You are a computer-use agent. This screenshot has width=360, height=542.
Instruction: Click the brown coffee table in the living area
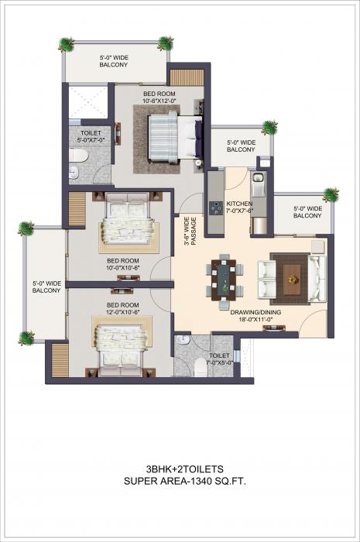pos(293,274)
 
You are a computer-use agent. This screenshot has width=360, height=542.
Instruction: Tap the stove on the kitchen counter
pos(214,205)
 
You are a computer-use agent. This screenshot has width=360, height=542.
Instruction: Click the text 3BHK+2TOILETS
pos(179,469)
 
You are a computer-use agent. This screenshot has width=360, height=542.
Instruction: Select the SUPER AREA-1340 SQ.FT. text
pos(179,481)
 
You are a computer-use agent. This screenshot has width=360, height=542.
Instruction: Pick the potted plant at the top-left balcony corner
pos(68,43)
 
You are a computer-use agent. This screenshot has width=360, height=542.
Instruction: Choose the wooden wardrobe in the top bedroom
pos(186,77)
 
